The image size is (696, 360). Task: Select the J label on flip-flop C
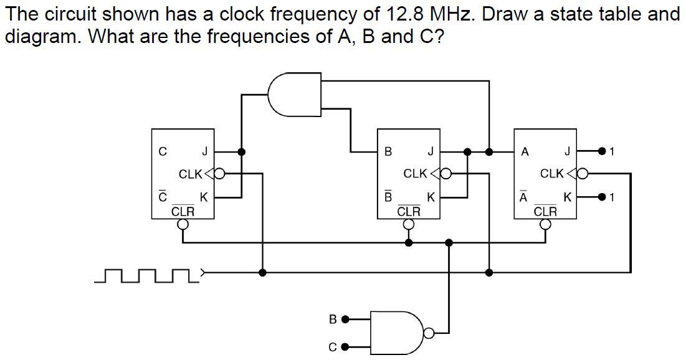pos(204,151)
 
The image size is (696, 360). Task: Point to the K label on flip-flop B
pos(430,197)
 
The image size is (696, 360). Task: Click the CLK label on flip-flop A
pos(551,173)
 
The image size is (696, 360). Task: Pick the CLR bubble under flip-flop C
pos(183,225)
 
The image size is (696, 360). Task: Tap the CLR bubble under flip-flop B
pos(408,225)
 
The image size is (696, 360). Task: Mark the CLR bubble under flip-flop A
pos(545,225)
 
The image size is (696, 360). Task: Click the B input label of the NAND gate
pos(333,320)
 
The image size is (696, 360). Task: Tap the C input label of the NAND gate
pos(333,347)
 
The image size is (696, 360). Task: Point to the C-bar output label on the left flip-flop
pos(163,197)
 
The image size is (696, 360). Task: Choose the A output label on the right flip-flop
pos(525,151)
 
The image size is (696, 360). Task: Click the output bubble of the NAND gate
pos(429,333)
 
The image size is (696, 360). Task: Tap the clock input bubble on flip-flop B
pos(446,174)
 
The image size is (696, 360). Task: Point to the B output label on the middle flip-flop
pos(388,151)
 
